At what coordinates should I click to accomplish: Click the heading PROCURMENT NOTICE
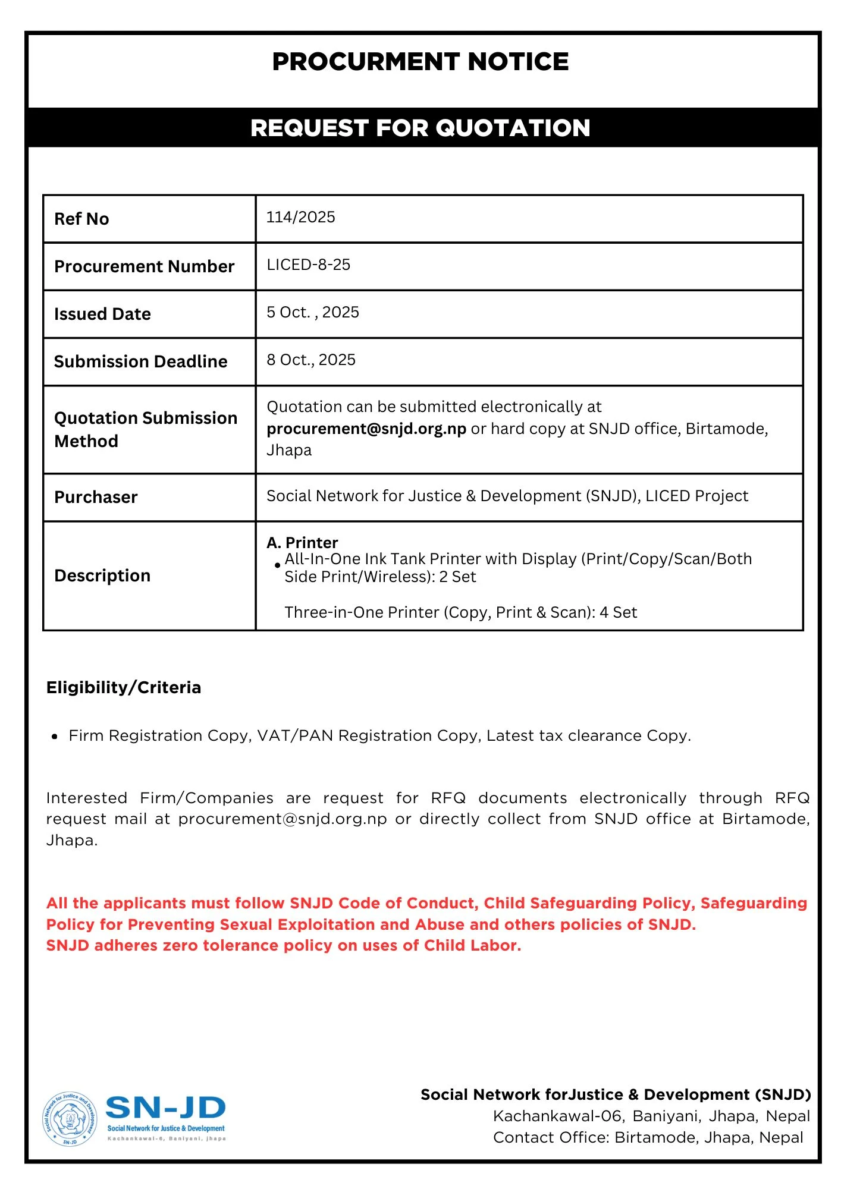[420, 62]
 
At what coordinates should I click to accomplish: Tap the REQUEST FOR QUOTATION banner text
[420, 128]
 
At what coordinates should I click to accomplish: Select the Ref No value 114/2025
[300, 217]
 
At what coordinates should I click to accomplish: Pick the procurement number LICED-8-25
[308, 265]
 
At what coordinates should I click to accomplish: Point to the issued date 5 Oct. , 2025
[312, 312]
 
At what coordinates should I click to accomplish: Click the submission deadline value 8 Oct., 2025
[310, 360]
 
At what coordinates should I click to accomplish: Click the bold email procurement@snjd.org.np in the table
[366, 429]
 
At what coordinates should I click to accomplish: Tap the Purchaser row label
[96, 497]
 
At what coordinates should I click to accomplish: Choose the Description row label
[102, 575]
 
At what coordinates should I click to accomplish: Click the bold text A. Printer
[302, 542]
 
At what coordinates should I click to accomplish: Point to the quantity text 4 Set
[618, 612]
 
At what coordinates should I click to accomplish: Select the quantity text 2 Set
[457, 577]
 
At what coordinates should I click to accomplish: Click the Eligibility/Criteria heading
[124, 687]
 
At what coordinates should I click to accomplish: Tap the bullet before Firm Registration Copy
[55, 737]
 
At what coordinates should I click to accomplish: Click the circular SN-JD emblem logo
[70, 1119]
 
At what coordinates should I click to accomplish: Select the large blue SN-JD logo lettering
[165, 1108]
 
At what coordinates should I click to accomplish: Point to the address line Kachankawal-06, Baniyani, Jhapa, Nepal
[651, 1116]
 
